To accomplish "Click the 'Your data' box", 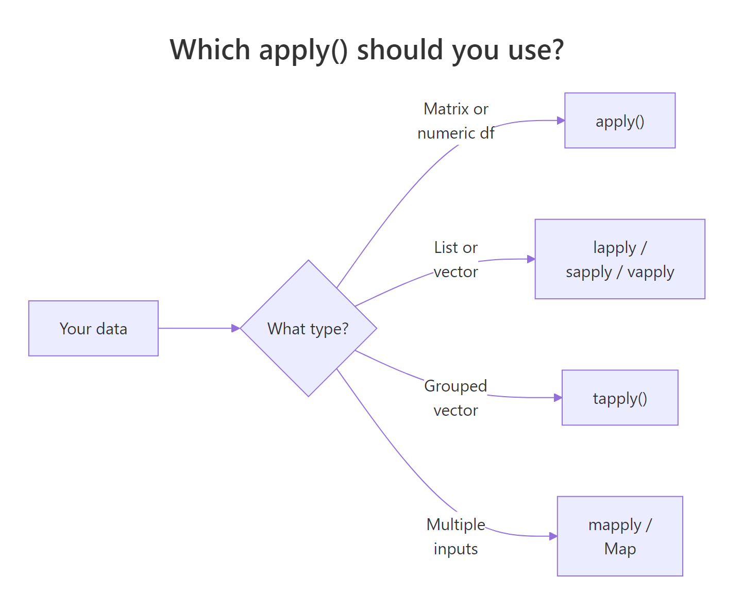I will click(93, 328).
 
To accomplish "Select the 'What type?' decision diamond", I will click(308, 328).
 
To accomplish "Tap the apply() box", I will click(620, 121).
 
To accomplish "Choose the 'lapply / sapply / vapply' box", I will click(620, 259).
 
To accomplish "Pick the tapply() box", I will click(620, 398).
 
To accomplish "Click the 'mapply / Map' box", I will click(620, 536).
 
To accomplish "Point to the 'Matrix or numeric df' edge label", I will click(456, 121).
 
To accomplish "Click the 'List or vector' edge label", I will click(456, 260).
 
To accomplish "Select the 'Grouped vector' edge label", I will click(456, 398).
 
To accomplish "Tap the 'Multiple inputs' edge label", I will click(456, 537).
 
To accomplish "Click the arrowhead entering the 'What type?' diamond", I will click(236, 328).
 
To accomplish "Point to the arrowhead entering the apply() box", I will click(561, 121).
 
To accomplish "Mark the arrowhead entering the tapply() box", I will click(558, 398).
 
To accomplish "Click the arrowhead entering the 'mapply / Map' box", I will click(553, 536).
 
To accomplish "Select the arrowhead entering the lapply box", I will click(531, 259).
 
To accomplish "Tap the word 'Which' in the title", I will click(210, 49).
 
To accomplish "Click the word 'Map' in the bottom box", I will click(620, 549).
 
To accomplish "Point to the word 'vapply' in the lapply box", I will click(650, 272).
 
